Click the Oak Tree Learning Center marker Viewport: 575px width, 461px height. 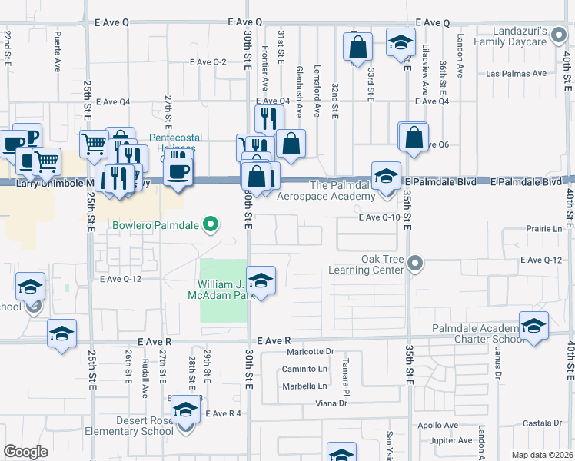[415, 264]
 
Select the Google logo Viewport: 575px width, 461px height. [25, 452]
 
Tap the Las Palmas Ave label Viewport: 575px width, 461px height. [516, 74]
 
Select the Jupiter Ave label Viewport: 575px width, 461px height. [451, 441]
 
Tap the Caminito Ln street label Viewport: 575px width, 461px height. [304, 369]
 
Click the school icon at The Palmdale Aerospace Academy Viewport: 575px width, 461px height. [386, 176]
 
